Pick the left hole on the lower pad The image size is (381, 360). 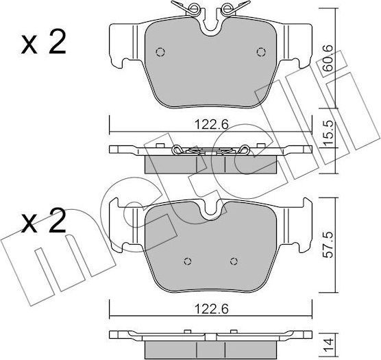point(188,261)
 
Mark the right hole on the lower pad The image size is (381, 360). point(234,261)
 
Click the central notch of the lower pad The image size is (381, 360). point(210,209)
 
